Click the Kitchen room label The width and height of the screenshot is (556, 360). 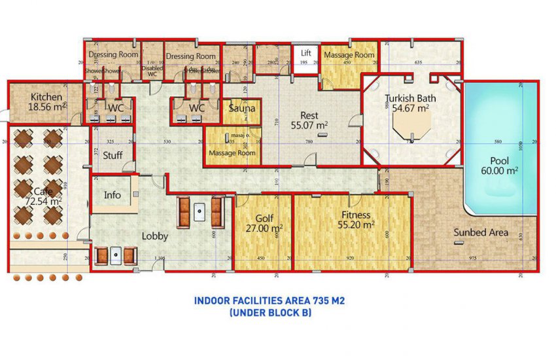(x=46, y=98)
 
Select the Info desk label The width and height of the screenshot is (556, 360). (x=113, y=195)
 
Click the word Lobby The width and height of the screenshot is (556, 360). (x=155, y=236)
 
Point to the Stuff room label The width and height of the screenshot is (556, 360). (x=113, y=155)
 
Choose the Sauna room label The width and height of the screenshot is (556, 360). (x=242, y=108)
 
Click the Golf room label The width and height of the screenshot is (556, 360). (x=264, y=218)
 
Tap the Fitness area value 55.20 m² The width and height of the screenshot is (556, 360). (x=356, y=225)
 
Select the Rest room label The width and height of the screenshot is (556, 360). (x=309, y=115)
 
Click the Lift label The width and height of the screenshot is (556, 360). (x=305, y=53)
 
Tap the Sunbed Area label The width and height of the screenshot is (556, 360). (x=481, y=232)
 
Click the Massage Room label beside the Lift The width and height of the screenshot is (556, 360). (x=349, y=55)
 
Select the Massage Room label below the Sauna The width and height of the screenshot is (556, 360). (x=232, y=153)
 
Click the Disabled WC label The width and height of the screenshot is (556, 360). (x=152, y=71)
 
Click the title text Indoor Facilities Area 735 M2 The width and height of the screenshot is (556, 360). (x=269, y=301)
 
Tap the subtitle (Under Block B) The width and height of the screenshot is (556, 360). (x=269, y=313)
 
